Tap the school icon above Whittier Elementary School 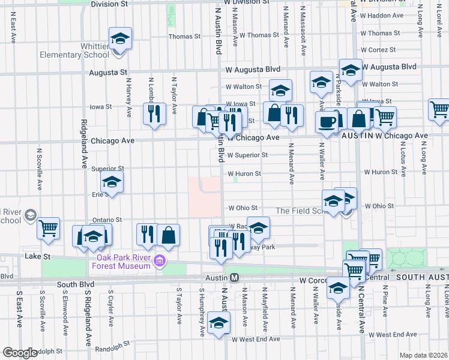click(120, 40)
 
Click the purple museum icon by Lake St click(160, 261)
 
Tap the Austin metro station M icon click(235, 278)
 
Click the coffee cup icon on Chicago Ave click(327, 121)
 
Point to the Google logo click(19, 353)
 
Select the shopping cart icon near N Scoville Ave click(48, 228)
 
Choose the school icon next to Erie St click(112, 182)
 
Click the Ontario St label click(107, 220)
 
